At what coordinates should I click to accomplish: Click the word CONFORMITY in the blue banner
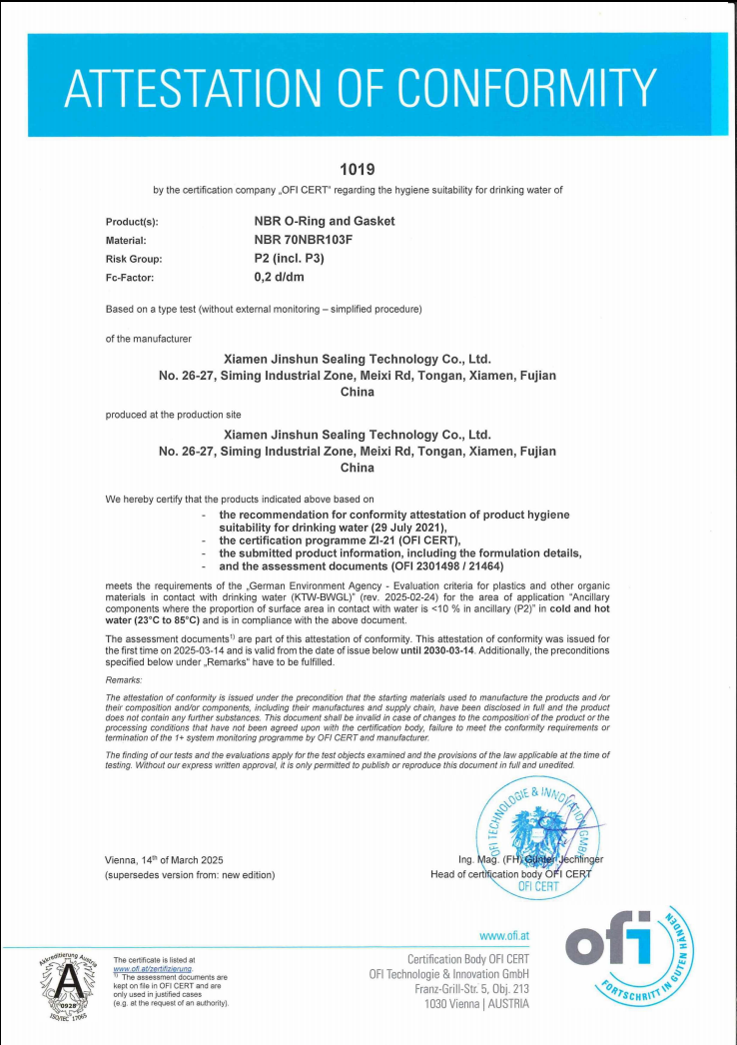(530, 88)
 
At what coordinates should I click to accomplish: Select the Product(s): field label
(132, 222)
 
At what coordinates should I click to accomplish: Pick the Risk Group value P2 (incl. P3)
(290, 259)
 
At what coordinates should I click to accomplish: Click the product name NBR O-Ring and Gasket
(325, 221)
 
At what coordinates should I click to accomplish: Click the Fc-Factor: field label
(130, 279)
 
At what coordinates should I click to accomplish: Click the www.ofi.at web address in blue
(504, 936)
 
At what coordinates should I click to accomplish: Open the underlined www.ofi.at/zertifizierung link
(152, 968)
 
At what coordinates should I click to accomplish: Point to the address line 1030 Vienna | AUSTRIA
(476, 1003)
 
